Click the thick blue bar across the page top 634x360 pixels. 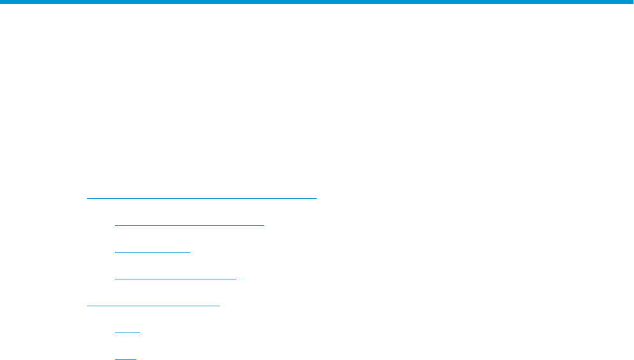click(x=317, y=2)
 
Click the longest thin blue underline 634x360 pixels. click(x=201, y=198)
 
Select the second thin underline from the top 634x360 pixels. click(x=189, y=225)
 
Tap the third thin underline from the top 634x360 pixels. click(x=153, y=252)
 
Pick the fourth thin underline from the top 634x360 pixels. click(x=175, y=279)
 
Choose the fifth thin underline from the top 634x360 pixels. click(x=153, y=306)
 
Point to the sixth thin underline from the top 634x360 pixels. click(x=127, y=333)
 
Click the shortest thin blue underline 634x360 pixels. click(x=126, y=359)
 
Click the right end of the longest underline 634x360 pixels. click(x=316, y=198)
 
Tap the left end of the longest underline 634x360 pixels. click(x=87, y=198)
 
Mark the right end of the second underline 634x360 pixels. click(x=263, y=225)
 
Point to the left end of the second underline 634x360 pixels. click(x=116, y=225)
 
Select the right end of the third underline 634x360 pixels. click(x=190, y=252)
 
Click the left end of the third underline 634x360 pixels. click(x=116, y=252)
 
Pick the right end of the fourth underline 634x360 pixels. click(x=235, y=279)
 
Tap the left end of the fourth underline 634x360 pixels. click(x=116, y=279)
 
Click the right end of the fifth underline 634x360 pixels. click(x=219, y=306)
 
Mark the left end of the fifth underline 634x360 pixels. click(x=87, y=306)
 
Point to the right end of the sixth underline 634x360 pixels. click(x=139, y=333)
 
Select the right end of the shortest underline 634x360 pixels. click(x=135, y=359)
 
